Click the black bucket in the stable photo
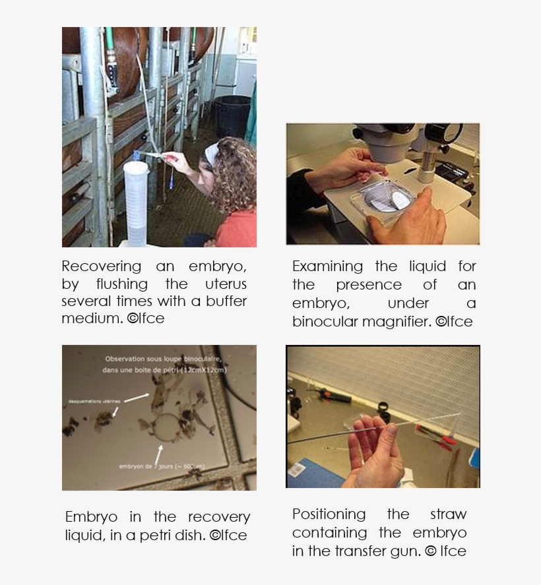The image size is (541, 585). tap(232, 115)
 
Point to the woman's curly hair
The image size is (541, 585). tap(235, 175)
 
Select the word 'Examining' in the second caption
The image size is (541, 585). tap(327, 266)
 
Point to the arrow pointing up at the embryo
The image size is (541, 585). tap(159, 454)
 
